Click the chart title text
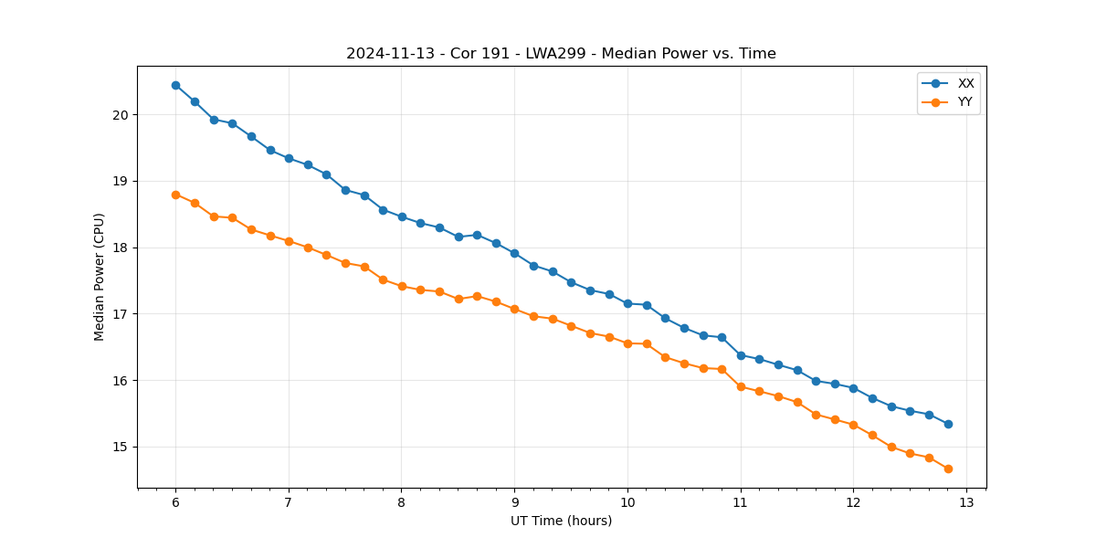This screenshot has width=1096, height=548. (561, 54)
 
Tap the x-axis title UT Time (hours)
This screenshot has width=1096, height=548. (561, 521)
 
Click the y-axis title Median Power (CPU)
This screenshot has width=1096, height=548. (100, 277)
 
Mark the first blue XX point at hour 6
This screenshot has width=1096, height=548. (175, 85)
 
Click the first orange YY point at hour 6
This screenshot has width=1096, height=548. (175, 195)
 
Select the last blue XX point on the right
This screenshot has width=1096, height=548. (948, 424)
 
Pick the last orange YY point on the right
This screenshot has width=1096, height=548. (948, 469)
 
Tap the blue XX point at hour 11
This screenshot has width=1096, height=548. (741, 355)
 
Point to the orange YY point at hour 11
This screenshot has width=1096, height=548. (741, 386)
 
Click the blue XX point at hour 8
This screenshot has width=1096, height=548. (402, 216)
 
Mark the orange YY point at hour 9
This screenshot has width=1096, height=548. (514, 309)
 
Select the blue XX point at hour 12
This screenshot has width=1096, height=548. (853, 388)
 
